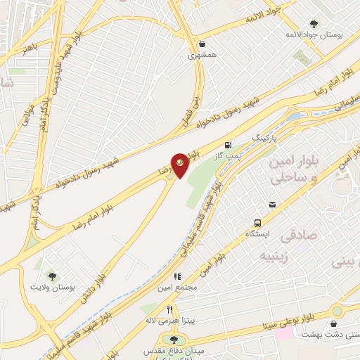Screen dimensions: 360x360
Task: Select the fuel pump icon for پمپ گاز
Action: pos(228,145)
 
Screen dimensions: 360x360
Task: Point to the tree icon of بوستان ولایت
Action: pos(51,275)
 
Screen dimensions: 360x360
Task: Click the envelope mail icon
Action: pos(271,205)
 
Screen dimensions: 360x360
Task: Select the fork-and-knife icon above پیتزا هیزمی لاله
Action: pos(169,309)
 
